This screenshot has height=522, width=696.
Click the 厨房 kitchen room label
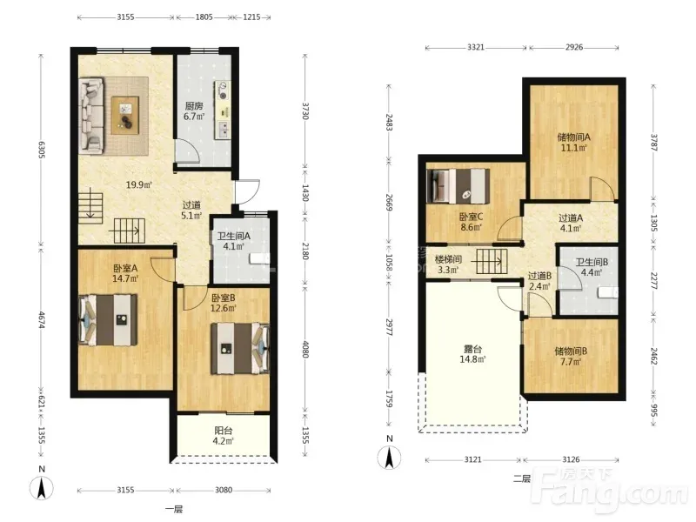194,106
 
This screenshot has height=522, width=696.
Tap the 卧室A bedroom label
125,268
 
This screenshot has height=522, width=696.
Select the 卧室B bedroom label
223,298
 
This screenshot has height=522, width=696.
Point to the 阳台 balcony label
224,431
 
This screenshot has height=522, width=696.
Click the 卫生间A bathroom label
233,236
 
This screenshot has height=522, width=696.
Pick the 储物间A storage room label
573,137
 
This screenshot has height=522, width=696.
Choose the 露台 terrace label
472,349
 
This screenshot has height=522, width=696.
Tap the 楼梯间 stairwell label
448,259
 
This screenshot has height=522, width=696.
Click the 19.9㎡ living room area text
139,184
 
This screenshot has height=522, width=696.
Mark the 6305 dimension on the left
41,149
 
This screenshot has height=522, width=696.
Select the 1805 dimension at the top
204,17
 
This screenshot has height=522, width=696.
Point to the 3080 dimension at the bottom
224,490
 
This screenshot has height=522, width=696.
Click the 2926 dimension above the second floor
574,47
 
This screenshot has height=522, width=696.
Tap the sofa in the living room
91,117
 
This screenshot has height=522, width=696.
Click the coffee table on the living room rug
125,115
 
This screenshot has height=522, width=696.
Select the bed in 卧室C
458,186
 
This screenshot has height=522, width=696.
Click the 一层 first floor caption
173,509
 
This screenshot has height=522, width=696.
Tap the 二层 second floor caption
521,478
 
